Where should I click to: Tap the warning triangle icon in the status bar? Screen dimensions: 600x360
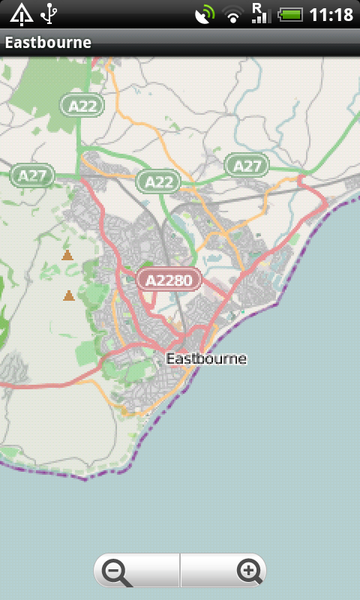tap(21, 13)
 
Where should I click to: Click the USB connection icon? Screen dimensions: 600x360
tap(49, 13)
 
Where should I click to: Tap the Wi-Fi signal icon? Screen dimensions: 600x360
tap(233, 15)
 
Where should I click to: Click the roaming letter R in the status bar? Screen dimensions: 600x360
tap(256, 7)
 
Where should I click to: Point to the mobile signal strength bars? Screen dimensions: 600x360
tap(262, 16)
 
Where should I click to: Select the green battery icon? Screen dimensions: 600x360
tap(290, 14)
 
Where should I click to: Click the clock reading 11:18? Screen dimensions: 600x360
tap(331, 14)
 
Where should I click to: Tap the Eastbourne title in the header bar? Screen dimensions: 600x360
tap(48, 43)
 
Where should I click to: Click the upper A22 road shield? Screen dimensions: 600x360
tap(82, 106)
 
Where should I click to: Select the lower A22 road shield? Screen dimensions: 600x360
tap(158, 181)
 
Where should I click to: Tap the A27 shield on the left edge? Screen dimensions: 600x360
tap(32, 175)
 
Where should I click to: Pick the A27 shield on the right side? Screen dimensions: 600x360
tap(247, 165)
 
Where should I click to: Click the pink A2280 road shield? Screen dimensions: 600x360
tap(169, 280)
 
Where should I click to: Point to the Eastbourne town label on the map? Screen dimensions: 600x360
tap(206, 358)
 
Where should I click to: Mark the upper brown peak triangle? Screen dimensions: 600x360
tap(67, 256)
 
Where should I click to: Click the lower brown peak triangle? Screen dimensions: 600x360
tap(69, 295)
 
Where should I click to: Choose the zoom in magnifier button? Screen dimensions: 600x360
tap(248, 571)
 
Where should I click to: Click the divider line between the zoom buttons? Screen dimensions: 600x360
tap(180, 571)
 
